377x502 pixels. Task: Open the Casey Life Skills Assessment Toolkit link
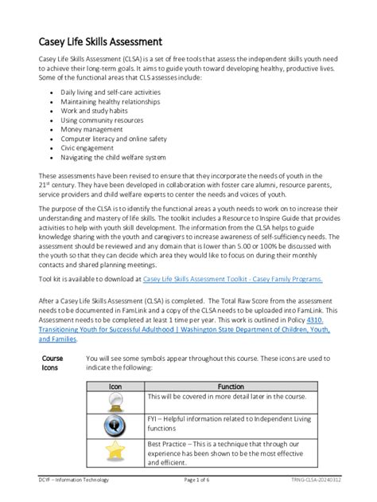click(232, 280)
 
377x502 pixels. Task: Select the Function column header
click(231, 386)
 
